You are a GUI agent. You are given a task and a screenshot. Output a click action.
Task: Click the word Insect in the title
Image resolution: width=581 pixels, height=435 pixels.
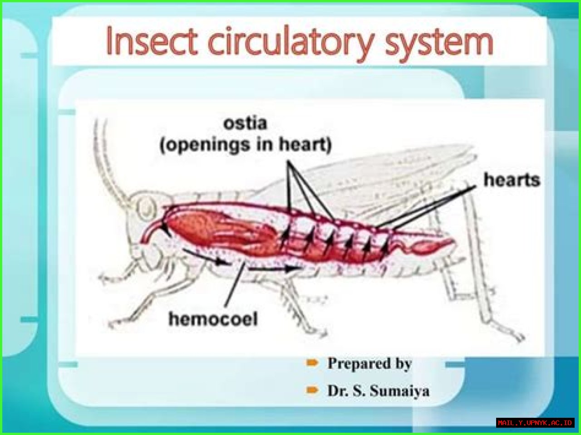[152, 42]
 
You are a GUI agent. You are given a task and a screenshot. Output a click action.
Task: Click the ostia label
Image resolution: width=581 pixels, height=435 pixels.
[245, 123]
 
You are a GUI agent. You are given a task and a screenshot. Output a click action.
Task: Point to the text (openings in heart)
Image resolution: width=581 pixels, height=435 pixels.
[246, 145]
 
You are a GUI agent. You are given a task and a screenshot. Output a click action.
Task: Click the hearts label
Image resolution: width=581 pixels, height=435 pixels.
[512, 180]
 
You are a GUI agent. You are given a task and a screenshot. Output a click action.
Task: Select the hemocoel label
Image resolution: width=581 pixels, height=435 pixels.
[213, 319]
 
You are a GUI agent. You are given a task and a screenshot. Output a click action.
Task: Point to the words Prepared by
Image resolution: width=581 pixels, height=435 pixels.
[369, 363]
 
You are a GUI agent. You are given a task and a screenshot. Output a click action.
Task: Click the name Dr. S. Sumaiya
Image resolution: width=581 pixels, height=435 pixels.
[378, 391]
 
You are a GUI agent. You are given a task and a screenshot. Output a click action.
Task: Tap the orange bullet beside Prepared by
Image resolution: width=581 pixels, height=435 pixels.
[312, 362]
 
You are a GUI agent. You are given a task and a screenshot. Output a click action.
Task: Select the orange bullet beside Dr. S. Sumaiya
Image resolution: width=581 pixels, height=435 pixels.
[312, 390]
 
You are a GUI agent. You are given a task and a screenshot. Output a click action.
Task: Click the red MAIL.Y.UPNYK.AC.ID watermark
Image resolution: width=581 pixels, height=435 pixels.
[535, 423]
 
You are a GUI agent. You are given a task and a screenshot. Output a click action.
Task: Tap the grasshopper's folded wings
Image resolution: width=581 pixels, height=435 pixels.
[386, 181]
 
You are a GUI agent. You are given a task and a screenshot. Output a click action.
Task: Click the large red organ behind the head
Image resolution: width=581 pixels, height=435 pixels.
[204, 229]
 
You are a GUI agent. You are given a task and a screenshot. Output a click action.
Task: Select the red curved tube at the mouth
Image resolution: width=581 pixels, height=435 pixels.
[150, 231]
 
